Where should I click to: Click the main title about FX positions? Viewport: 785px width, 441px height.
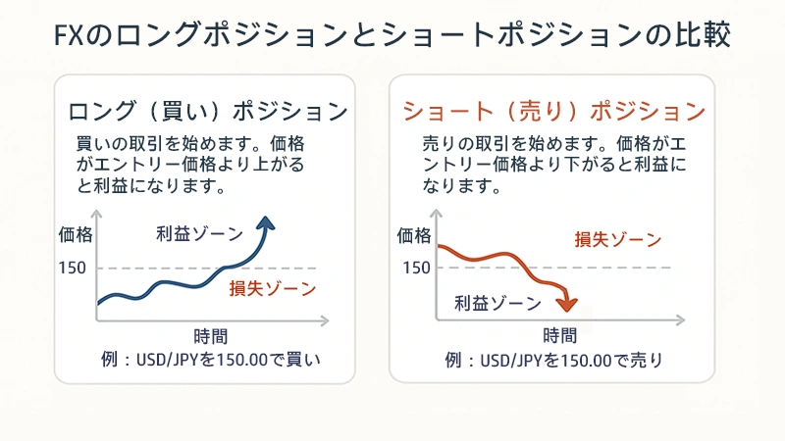click(392, 37)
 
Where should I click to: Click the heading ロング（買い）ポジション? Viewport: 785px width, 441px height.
click(208, 109)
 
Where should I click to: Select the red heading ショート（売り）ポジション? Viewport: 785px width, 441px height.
click(554, 109)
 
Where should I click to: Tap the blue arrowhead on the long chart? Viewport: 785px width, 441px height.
click(267, 224)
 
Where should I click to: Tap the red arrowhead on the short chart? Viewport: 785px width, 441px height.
click(568, 305)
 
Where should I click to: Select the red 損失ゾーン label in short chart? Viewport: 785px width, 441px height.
click(618, 239)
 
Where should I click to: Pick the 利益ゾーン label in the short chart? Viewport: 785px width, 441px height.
click(497, 303)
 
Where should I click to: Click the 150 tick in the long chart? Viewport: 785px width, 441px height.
click(73, 267)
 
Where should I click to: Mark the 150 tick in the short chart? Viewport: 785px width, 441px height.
click(415, 267)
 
